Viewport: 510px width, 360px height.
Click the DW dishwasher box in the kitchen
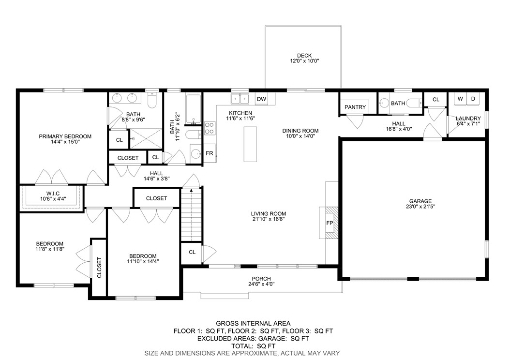[x=261, y=99]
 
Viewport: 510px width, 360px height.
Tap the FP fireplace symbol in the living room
[x=330, y=223]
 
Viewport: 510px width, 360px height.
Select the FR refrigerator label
[x=209, y=153]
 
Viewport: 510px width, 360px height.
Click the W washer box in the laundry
[x=460, y=99]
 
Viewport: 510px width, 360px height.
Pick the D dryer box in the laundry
[x=473, y=99]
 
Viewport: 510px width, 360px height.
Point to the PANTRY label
[x=355, y=107]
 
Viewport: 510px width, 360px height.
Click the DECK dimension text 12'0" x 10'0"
[x=304, y=61]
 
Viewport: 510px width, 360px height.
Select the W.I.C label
[x=52, y=193]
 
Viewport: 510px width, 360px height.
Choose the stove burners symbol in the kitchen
[x=210, y=128]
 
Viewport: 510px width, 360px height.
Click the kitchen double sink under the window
[x=240, y=99]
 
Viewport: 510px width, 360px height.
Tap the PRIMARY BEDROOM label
[x=65, y=136]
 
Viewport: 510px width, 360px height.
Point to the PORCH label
[x=261, y=279]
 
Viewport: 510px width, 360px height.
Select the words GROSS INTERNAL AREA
[x=253, y=323]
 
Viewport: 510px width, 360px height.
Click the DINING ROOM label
[x=300, y=131]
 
